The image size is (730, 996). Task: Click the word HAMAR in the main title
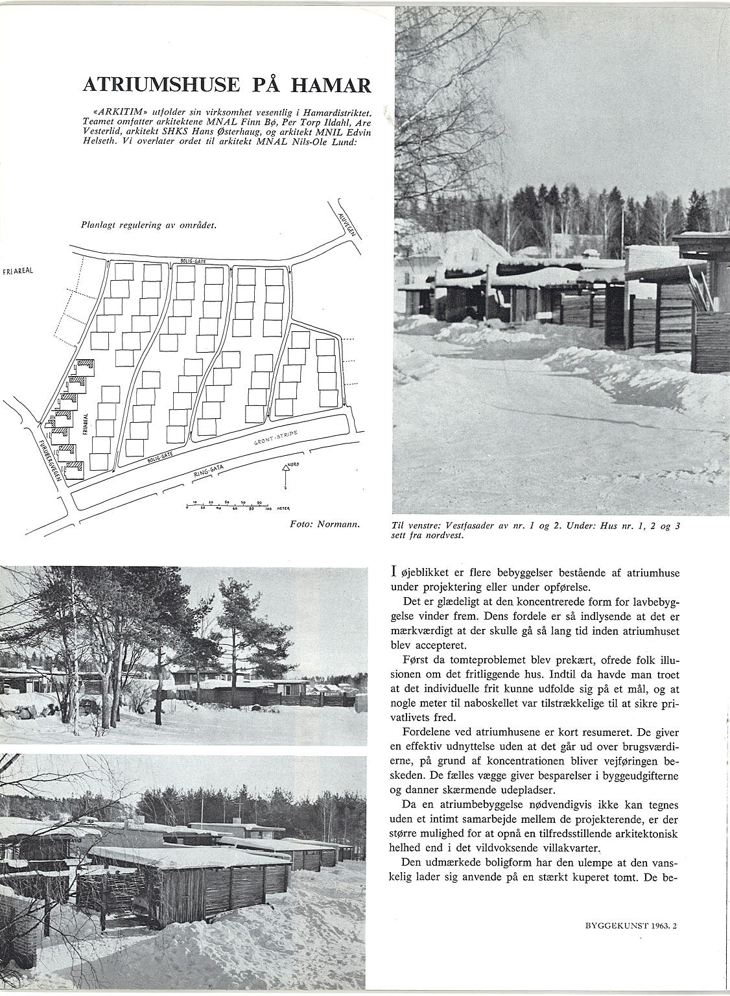[x=332, y=85]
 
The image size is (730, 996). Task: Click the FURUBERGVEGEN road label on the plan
[x=50, y=458]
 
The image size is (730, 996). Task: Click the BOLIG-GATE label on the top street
[x=194, y=261]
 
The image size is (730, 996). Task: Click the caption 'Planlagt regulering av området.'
[x=148, y=226]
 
